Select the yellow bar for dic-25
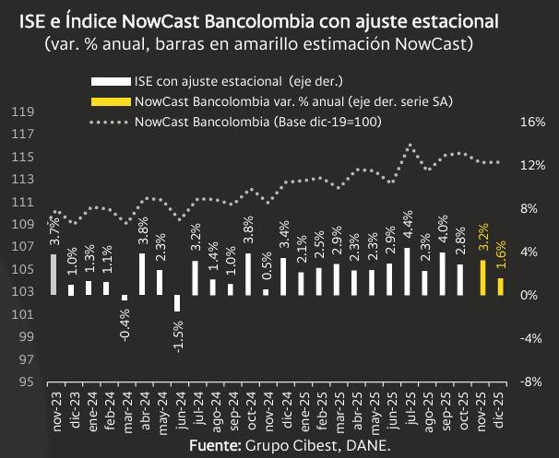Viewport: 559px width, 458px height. point(501,287)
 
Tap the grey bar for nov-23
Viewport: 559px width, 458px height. point(54,275)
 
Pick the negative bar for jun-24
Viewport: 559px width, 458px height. point(178,303)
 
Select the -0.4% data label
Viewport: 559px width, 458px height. point(125,324)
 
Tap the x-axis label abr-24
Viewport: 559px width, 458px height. point(143,408)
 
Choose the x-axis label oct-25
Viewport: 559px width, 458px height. point(465,408)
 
